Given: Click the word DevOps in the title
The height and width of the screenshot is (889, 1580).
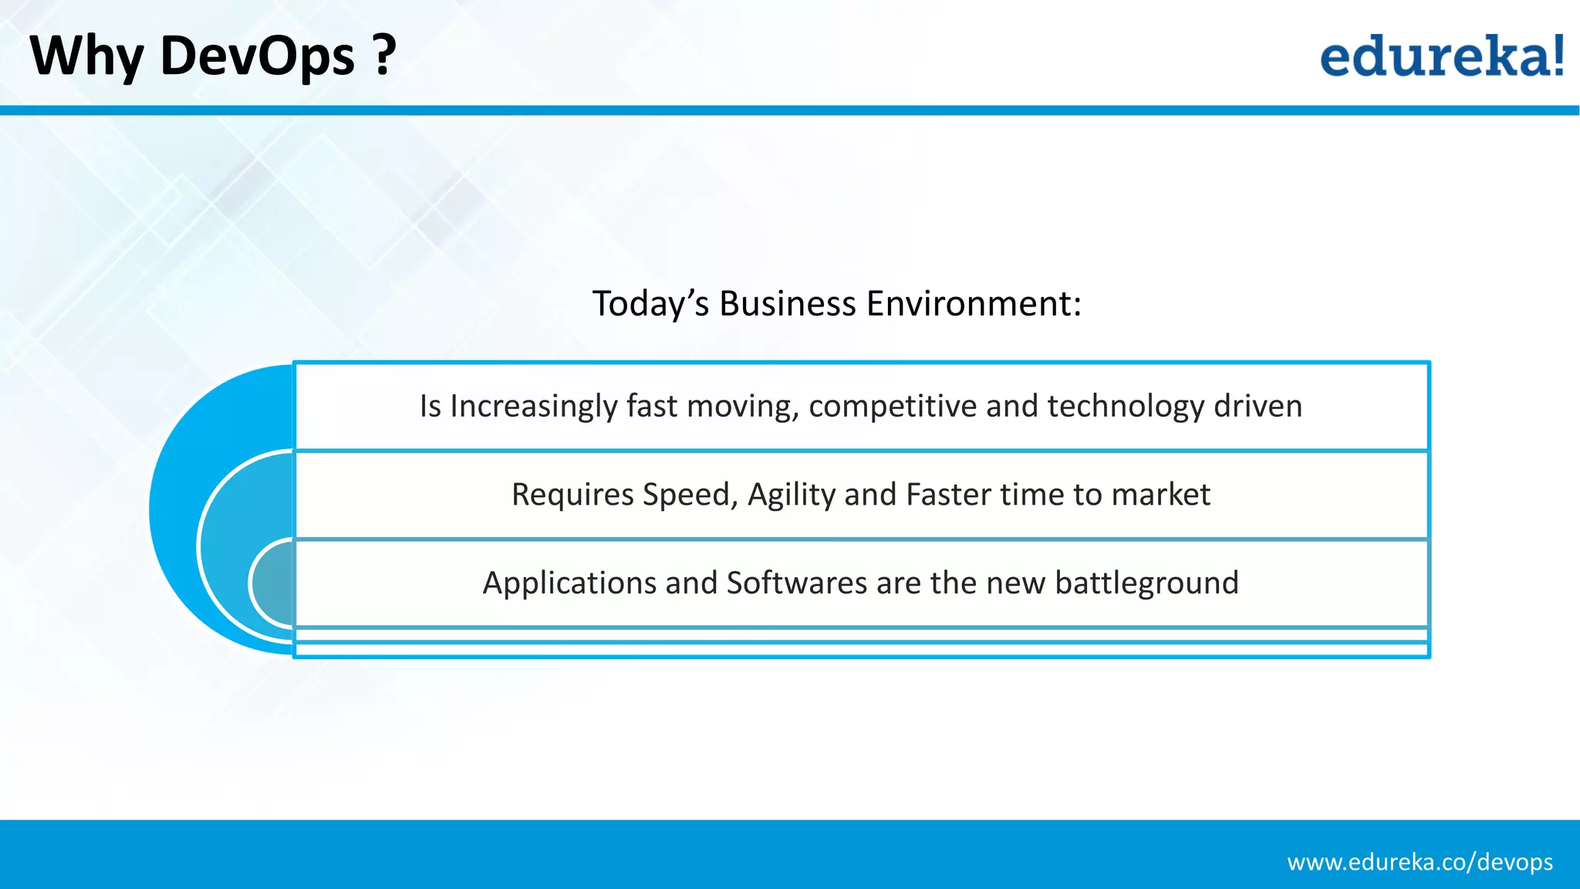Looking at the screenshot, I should pos(257,56).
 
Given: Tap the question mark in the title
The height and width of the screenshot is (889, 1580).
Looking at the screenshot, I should pos(383,56).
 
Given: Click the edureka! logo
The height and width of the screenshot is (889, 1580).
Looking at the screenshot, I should pos(1441,56).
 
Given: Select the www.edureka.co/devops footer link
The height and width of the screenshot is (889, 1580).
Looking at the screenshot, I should pos(1420,862).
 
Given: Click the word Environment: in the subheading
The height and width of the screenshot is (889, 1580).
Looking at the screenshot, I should pos(974,303).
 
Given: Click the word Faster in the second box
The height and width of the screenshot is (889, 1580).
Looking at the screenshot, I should pos(948,495).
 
